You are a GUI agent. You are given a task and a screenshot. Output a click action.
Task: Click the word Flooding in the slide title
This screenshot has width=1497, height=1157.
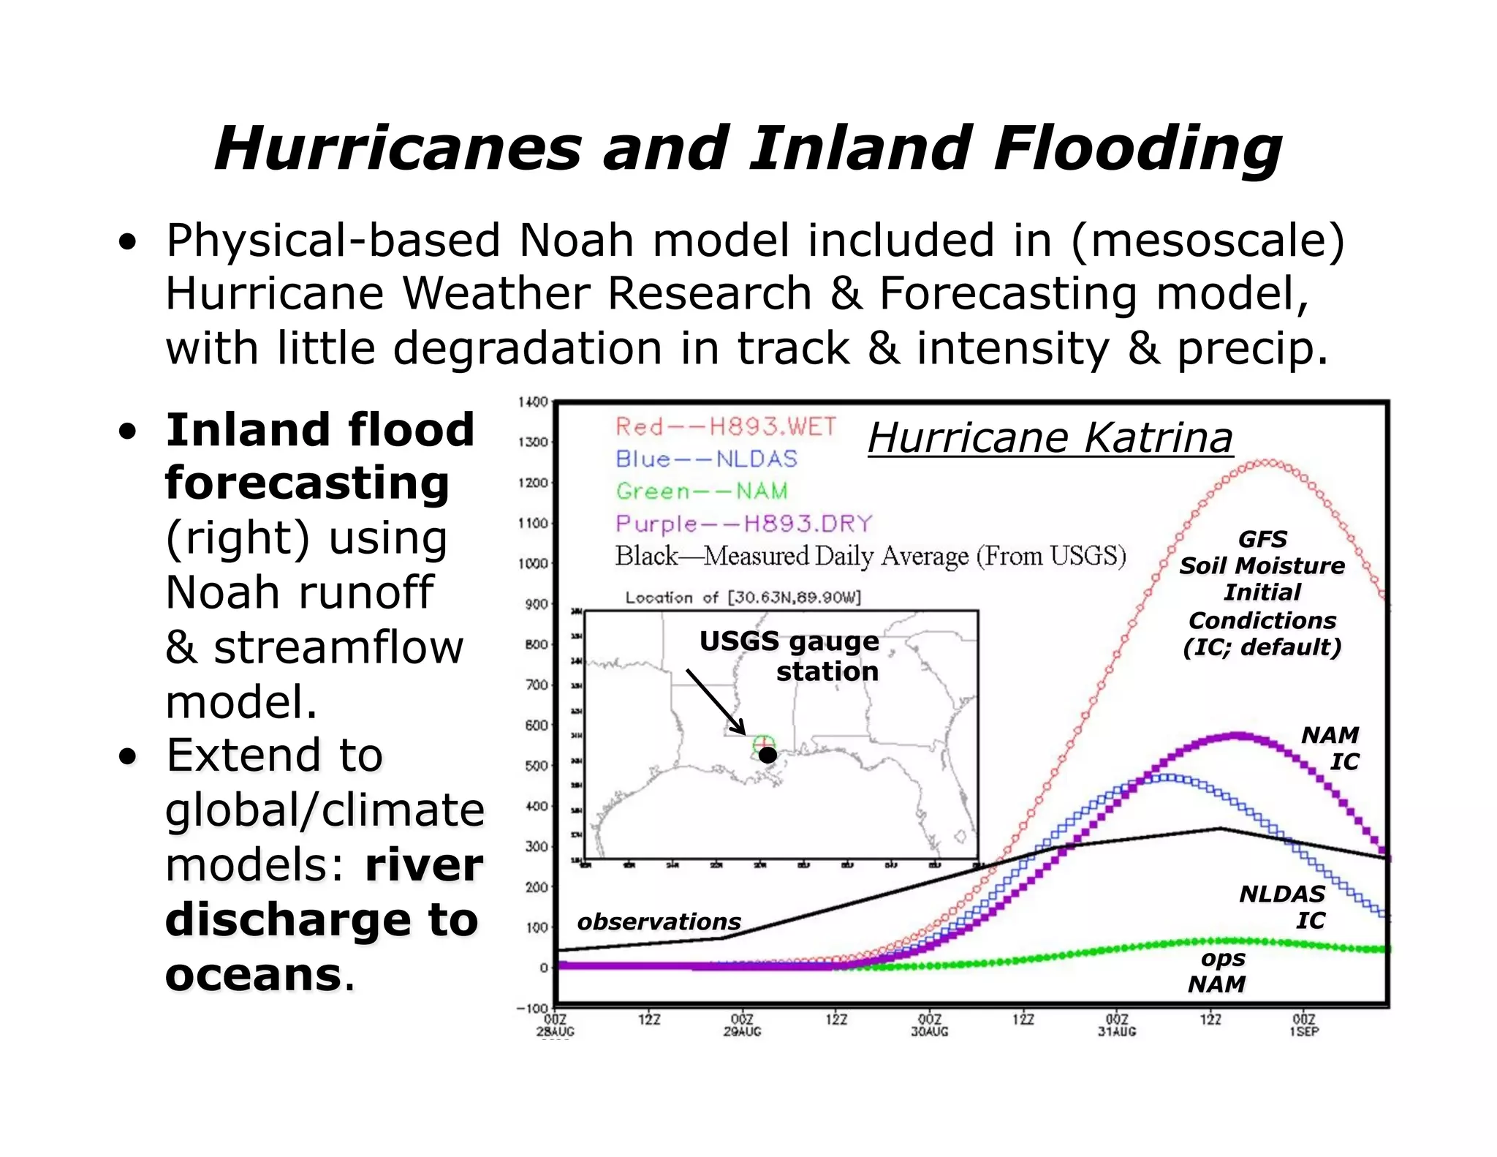click(1137, 150)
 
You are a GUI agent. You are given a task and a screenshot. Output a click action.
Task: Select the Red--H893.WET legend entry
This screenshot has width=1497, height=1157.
click(725, 426)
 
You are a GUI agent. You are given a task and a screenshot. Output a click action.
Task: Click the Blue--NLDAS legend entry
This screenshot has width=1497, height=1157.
click(706, 459)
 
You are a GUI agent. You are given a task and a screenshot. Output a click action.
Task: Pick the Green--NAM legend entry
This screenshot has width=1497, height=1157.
click(702, 491)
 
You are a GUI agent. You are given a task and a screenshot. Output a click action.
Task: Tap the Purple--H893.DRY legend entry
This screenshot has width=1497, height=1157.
click(743, 524)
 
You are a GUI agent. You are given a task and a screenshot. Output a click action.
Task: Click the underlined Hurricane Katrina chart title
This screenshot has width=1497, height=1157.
click(1050, 438)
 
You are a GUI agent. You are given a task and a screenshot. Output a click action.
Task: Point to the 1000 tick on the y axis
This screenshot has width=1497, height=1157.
click(532, 563)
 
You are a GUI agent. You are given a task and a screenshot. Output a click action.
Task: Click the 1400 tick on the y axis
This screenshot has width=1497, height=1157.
click(532, 402)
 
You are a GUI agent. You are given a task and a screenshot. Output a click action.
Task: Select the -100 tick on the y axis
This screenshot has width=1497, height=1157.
click(531, 1009)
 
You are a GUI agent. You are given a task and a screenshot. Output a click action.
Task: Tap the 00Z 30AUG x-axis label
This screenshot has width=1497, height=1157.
click(930, 1025)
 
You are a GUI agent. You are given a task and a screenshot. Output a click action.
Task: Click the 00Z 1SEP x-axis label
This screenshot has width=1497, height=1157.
click(1304, 1025)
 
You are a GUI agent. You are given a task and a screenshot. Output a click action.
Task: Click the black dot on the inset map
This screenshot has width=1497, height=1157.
click(768, 755)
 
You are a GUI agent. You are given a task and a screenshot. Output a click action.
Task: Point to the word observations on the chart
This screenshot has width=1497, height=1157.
click(659, 922)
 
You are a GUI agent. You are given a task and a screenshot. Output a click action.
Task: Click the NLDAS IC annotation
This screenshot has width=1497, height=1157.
click(1282, 907)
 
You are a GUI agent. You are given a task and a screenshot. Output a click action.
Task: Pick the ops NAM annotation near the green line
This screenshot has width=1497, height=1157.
click(1218, 971)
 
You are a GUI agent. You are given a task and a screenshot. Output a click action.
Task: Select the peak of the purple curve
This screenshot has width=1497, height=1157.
click(1235, 735)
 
